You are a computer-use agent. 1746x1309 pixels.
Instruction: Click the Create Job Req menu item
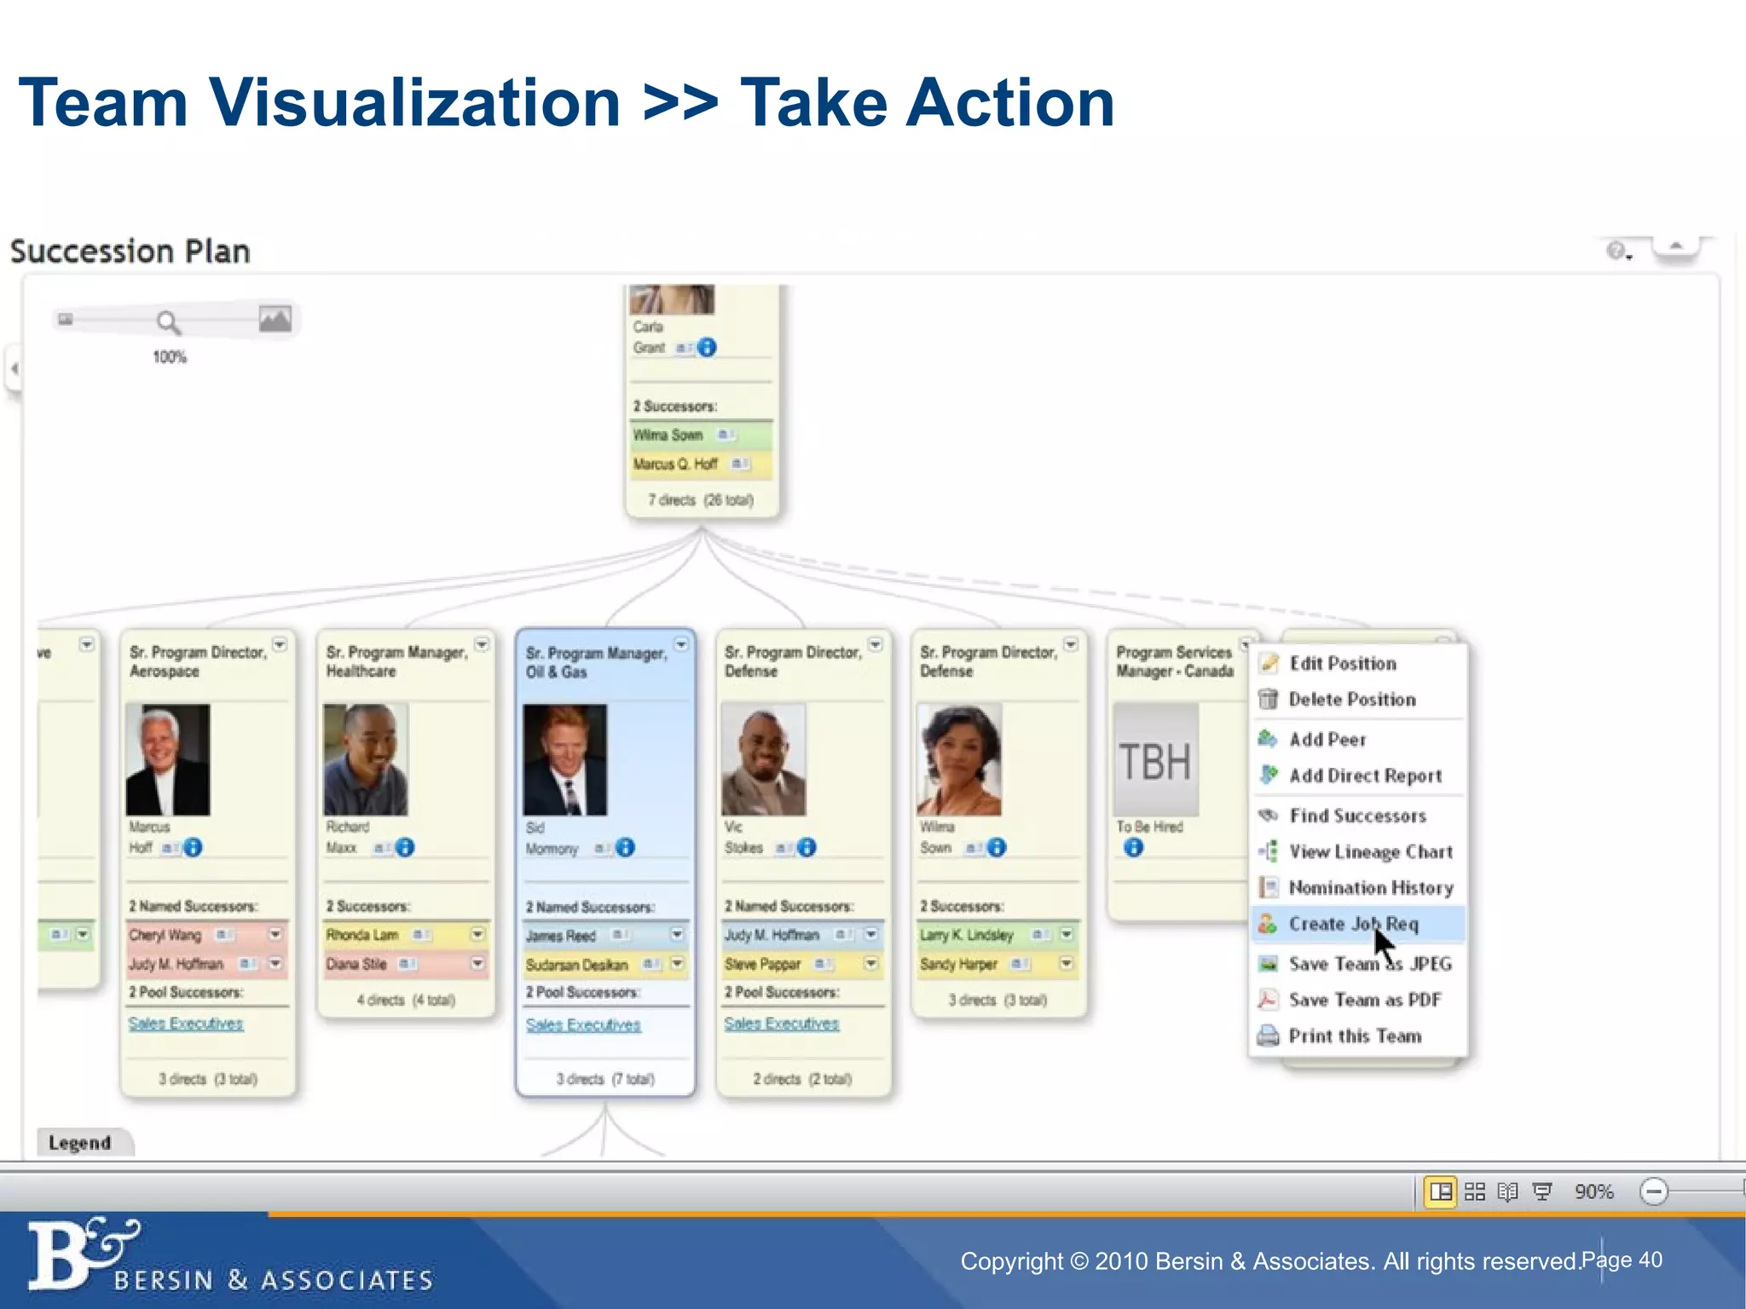[1353, 924]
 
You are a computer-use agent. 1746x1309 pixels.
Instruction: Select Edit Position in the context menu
[1343, 663]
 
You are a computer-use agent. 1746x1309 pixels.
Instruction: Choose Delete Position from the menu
[1352, 700]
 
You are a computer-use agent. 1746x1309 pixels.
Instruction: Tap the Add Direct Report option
[1365, 776]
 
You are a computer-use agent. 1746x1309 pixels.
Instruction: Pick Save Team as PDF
[1365, 1000]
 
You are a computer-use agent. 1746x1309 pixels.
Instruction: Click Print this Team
[1355, 1036]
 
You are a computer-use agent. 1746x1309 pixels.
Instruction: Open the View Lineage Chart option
[1370, 851]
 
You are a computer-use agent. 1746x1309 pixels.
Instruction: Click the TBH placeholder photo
[1155, 760]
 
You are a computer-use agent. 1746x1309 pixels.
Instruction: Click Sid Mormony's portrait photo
[565, 759]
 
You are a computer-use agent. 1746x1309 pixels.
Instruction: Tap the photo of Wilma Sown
[959, 759]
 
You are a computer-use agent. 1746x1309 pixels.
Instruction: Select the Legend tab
[80, 1143]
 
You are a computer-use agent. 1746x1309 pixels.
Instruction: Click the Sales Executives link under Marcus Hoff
[186, 1024]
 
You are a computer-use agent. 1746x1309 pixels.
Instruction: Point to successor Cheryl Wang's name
[165, 935]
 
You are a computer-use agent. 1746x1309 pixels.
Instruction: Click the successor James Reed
[561, 936]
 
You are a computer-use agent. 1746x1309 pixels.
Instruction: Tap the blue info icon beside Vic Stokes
[807, 848]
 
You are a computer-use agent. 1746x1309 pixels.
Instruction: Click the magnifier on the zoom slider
[168, 322]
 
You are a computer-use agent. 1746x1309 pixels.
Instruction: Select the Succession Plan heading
[130, 251]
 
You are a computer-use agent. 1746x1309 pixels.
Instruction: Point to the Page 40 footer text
[1622, 1260]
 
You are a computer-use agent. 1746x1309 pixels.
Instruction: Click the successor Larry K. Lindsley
[967, 935]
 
